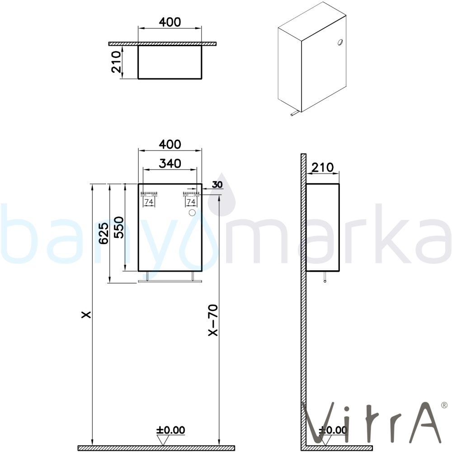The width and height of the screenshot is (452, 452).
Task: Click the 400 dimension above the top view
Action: [170, 22]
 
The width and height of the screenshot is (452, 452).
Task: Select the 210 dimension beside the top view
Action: [116, 61]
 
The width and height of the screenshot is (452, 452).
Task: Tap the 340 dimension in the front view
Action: [170, 164]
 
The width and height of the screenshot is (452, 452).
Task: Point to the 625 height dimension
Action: [104, 233]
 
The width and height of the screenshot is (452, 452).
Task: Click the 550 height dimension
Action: [118, 227]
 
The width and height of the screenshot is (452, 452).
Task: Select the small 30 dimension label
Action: [217, 184]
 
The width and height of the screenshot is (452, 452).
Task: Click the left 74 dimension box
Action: [149, 202]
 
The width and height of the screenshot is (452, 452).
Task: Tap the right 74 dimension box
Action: [191, 202]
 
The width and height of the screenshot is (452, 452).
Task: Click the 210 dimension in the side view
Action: [323, 167]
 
